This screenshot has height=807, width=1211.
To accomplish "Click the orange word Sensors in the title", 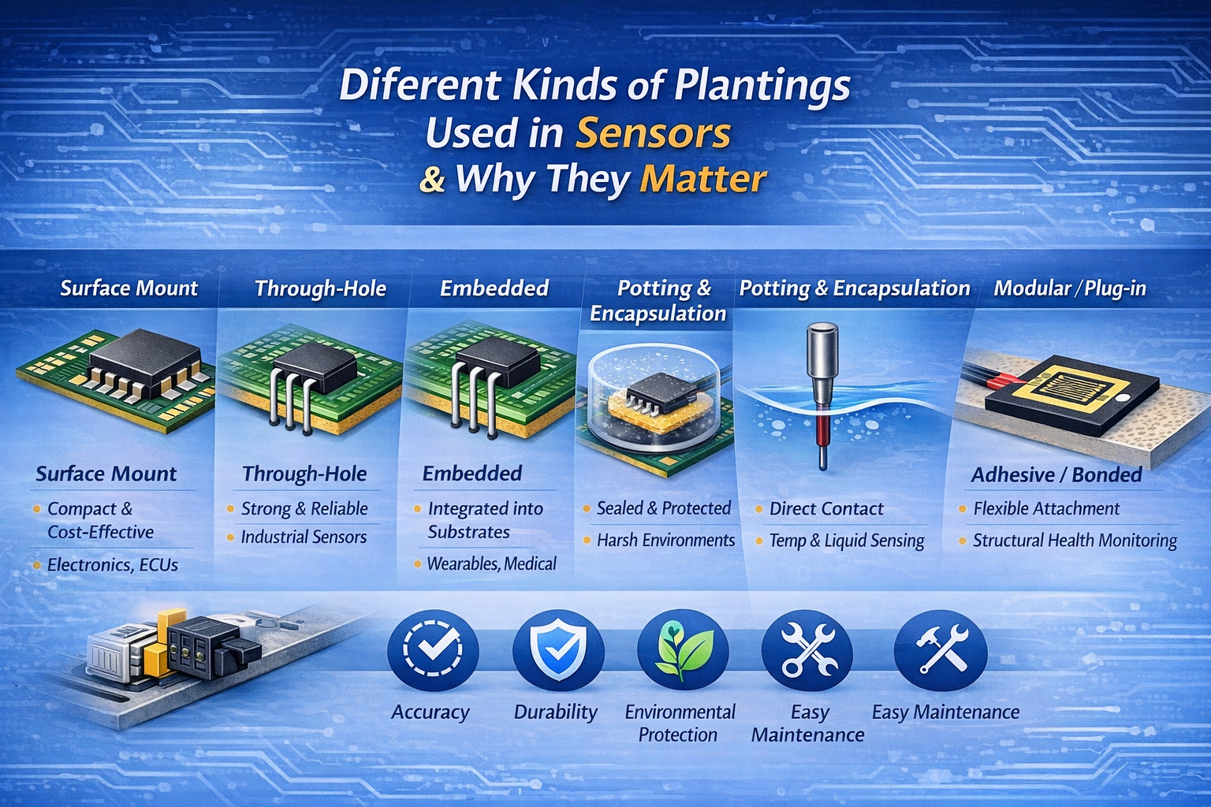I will (653, 133).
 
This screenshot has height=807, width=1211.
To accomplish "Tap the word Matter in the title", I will (702, 179).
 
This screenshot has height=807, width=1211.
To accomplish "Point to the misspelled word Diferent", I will (420, 85).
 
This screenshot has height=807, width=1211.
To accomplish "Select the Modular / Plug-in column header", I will (1069, 288).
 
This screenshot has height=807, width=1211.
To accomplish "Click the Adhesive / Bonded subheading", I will (1056, 474).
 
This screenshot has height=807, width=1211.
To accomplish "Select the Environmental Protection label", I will (679, 723).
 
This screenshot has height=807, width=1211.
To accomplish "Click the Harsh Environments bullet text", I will (665, 541).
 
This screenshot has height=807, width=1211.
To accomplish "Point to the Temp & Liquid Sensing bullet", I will (846, 541).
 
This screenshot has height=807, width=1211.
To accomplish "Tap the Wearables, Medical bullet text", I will (491, 563).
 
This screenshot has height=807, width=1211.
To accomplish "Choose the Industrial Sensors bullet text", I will (304, 537).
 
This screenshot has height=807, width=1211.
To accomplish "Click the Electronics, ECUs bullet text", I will (113, 565).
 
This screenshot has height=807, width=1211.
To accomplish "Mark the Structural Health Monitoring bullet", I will (1075, 541).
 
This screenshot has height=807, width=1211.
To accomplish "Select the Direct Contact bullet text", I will (826, 509).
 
